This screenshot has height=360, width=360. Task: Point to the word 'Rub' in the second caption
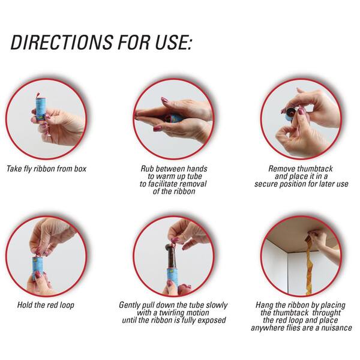(x=147, y=169)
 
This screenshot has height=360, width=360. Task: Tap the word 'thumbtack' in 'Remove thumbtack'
(x=316, y=169)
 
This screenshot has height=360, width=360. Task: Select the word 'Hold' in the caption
(x=25, y=305)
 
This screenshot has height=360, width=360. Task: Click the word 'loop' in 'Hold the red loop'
(x=67, y=305)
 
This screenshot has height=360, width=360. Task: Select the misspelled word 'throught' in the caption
(x=326, y=313)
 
